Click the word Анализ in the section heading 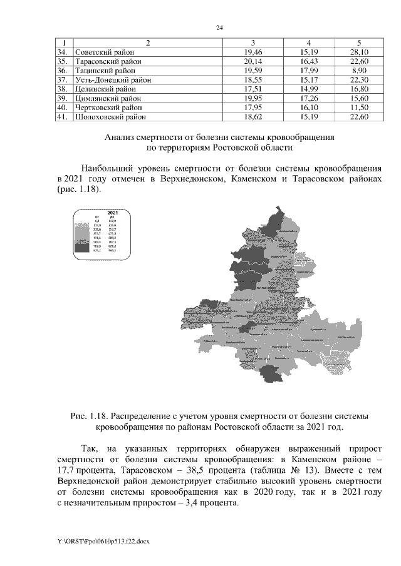click(x=120, y=136)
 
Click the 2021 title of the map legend click(x=113, y=213)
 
